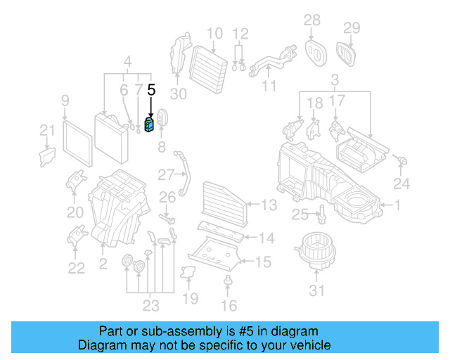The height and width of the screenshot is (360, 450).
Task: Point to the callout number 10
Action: point(215,32)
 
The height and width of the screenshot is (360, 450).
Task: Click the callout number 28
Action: point(311,20)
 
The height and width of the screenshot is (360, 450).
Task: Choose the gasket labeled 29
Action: point(347,52)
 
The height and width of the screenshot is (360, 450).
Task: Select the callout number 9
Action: point(65,100)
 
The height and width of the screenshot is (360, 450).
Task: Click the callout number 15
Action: point(262,262)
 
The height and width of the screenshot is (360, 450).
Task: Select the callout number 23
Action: point(150,305)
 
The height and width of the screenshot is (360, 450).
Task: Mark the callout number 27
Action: point(165,174)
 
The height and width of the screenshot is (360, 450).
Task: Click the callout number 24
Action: point(401,185)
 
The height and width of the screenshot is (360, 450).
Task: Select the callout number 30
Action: point(179,94)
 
